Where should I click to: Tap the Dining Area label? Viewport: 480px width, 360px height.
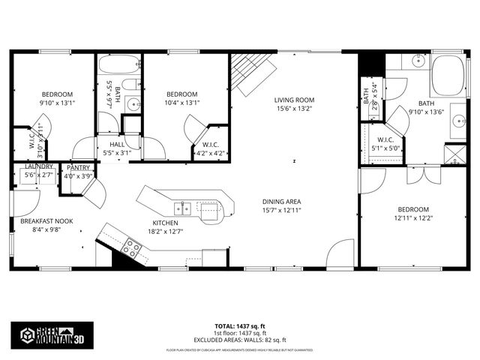click(x=281, y=201)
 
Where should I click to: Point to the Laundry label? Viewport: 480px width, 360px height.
click(x=37, y=166)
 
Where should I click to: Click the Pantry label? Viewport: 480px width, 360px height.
click(x=78, y=167)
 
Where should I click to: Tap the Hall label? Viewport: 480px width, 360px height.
click(x=118, y=144)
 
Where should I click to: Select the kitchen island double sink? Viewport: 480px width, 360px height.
click(x=184, y=207)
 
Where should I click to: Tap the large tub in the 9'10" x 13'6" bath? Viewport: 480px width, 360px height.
click(x=450, y=76)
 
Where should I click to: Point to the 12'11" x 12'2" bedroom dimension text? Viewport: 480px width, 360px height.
click(x=412, y=218)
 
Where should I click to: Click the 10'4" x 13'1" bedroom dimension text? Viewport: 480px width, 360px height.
click(x=181, y=103)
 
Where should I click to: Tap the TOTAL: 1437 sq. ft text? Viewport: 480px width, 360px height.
click(x=240, y=326)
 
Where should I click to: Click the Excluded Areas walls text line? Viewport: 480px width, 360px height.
click(x=240, y=339)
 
